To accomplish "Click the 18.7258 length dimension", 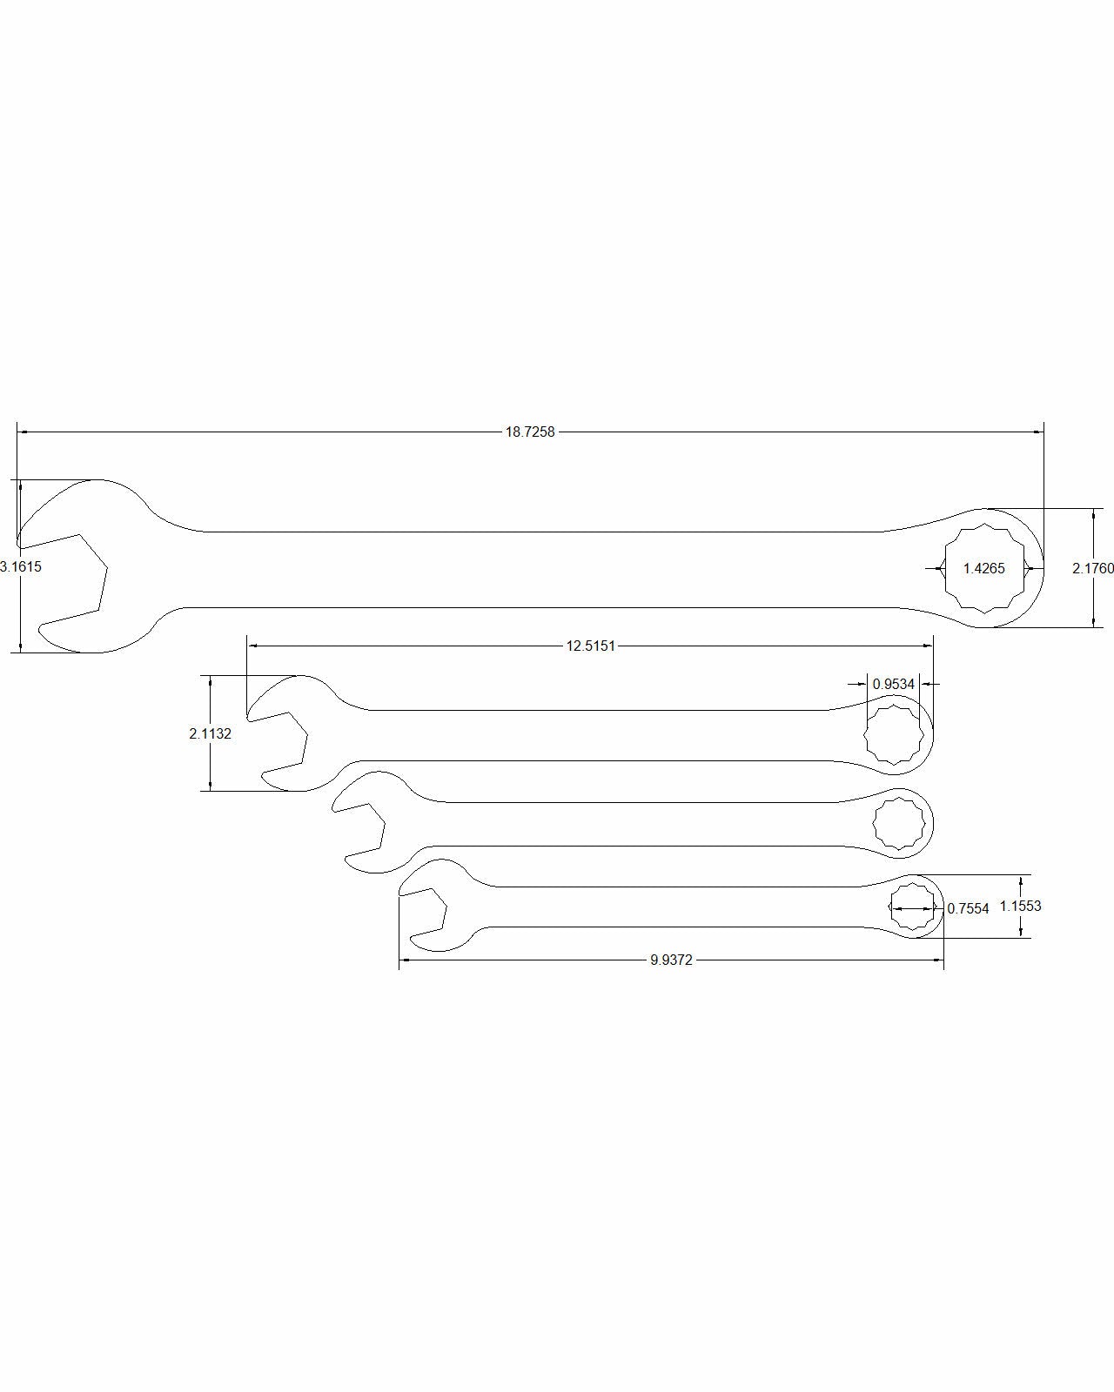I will pyautogui.click(x=530, y=432).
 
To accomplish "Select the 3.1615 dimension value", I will pyautogui.click(x=21, y=566).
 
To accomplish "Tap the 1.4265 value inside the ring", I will pyautogui.click(x=983, y=568).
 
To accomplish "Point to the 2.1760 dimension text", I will pyautogui.click(x=1092, y=568).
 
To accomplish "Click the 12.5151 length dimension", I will pyautogui.click(x=591, y=646).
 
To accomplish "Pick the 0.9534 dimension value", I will pyautogui.click(x=894, y=685).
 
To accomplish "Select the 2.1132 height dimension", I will pyautogui.click(x=211, y=733).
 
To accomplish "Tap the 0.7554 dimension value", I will pyautogui.click(x=968, y=908).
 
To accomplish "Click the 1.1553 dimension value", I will pyautogui.click(x=1020, y=906).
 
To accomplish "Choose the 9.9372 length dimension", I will pyautogui.click(x=671, y=960).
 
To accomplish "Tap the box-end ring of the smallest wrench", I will pyautogui.click(x=911, y=907).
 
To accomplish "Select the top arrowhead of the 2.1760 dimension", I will pyautogui.click(x=1092, y=514).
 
